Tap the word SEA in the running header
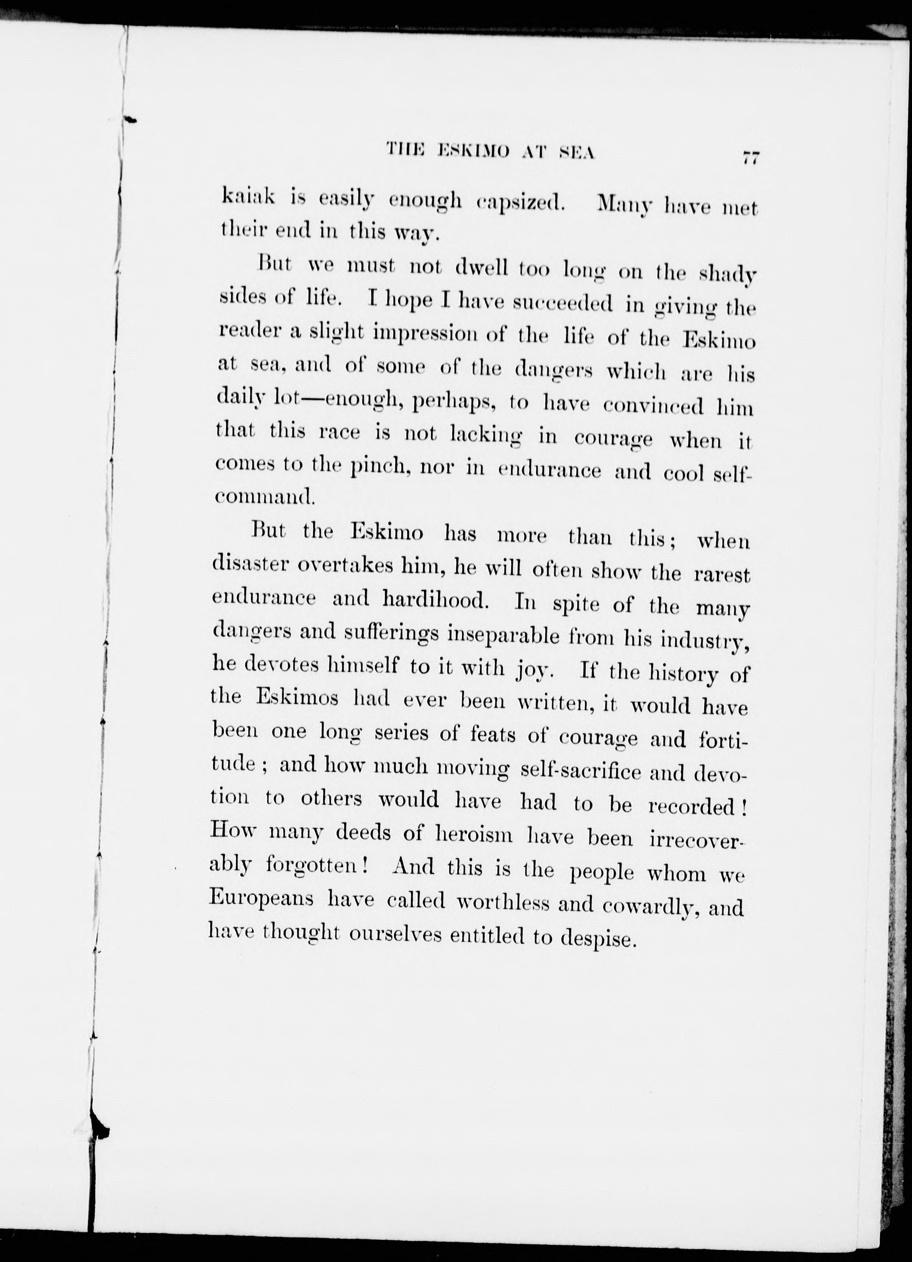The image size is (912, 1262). pos(576,153)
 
